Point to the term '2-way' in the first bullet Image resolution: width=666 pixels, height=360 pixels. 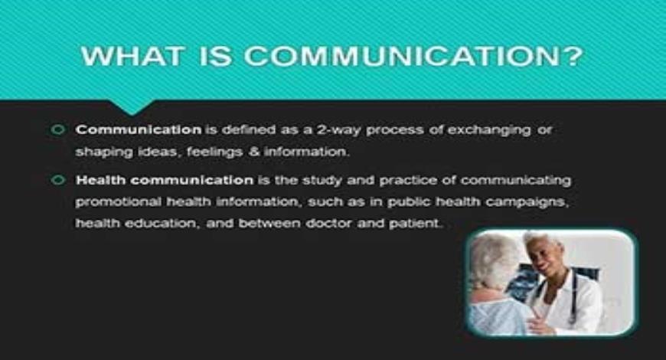click(339, 130)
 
